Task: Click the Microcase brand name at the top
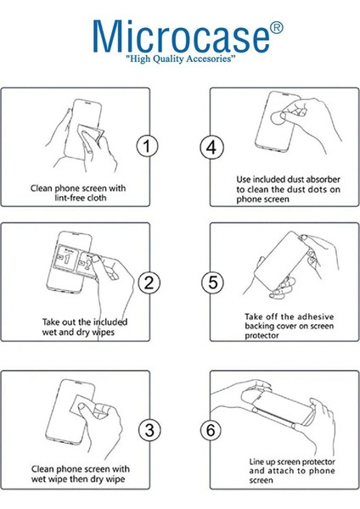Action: tap(181, 36)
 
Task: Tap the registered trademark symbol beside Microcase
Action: tap(277, 28)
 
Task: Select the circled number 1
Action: tap(147, 146)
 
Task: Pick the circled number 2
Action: tap(149, 282)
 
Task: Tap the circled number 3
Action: tap(149, 430)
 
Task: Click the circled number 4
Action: tap(211, 148)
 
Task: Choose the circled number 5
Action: tap(212, 282)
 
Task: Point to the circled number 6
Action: tap(211, 430)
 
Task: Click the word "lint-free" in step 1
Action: tap(67, 198)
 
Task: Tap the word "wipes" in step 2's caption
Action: tap(104, 333)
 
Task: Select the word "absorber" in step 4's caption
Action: tap(323, 179)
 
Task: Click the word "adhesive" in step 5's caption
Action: tap(316, 316)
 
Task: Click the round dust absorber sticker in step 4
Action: tap(278, 118)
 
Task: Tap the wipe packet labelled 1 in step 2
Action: tap(66, 259)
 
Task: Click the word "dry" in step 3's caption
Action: tap(97, 479)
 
